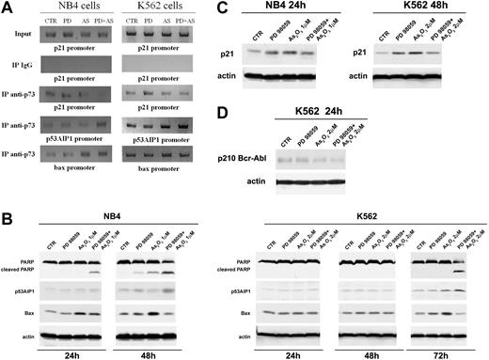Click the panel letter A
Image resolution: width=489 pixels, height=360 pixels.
pos(8,8)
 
